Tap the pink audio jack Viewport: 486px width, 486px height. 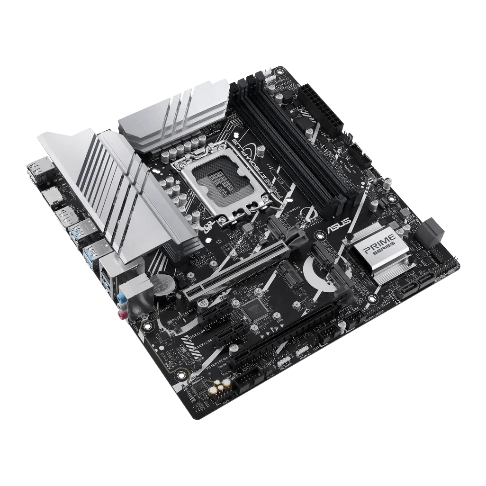click(x=122, y=313)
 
